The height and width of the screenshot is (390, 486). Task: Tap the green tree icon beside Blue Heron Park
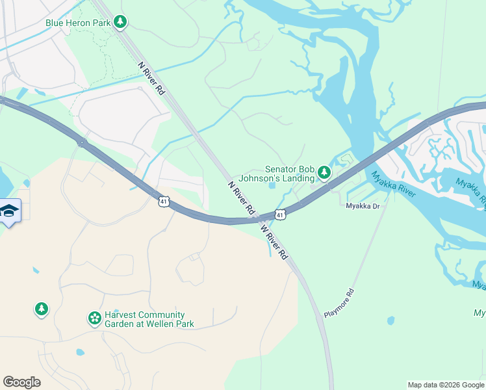click(x=120, y=23)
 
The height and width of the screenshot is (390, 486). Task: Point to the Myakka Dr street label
click(x=362, y=206)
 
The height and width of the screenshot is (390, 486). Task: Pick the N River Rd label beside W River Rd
click(x=240, y=198)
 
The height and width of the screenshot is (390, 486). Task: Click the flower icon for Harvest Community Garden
click(x=94, y=318)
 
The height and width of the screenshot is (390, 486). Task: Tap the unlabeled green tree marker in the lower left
click(x=42, y=308)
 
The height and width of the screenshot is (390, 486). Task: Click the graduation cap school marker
click(x=9, y=211)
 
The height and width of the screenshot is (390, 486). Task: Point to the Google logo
click(x=21, y=382)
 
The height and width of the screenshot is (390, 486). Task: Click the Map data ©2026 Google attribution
click(x=445, y=385)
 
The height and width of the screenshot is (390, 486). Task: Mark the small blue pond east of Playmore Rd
click(x=390, y=320)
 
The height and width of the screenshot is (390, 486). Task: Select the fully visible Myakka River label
click(x=392, y=184)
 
